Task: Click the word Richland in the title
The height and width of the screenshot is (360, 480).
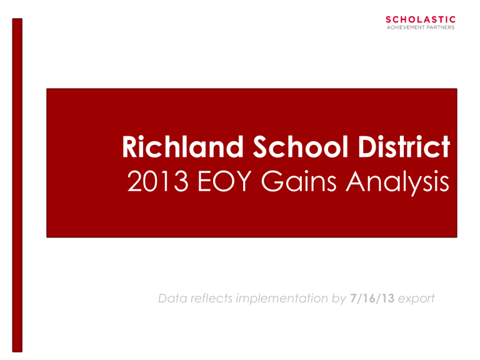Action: [182, 147]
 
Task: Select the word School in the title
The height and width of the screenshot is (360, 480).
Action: [301, 147]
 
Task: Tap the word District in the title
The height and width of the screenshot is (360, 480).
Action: [404, 147]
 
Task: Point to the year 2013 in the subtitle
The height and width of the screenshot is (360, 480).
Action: [157, 181]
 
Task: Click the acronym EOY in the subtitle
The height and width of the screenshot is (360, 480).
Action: [225, 181]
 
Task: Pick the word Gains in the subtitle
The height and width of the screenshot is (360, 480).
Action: [299, 181]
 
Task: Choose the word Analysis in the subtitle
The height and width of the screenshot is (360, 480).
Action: [397, 183]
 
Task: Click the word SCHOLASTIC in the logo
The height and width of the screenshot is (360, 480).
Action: [421, 19]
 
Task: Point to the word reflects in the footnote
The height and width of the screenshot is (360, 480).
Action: [211, 298]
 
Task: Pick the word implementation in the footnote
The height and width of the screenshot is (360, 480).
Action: [282, 298]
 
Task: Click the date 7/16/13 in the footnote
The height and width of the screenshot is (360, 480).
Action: [372, 298]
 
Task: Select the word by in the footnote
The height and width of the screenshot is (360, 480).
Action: [339, 299]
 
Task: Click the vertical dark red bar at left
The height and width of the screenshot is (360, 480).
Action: [17, 185]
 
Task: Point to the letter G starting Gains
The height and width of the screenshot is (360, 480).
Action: [272, 181]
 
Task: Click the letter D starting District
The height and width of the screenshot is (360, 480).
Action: [367, 147]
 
